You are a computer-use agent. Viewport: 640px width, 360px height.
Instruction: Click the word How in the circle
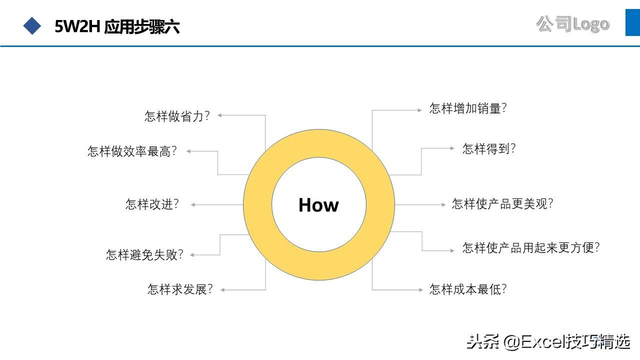318,205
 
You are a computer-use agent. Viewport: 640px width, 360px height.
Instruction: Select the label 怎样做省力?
177,116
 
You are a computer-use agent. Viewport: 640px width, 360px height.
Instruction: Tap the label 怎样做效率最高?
132,151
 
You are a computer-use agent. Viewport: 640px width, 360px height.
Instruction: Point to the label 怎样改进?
152,204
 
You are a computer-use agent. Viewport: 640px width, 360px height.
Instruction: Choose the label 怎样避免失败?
145,254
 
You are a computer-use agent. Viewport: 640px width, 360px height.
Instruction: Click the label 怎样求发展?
180,289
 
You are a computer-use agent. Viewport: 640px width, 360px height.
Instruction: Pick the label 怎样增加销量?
468,108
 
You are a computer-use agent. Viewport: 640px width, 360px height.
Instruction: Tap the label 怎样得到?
489,148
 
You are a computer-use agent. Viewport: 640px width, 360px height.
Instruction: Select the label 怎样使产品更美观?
502,203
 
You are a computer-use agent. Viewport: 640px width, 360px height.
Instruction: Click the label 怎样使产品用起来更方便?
531,247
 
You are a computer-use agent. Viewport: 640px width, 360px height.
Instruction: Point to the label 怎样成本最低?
468,289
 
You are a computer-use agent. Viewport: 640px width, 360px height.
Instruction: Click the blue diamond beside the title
32,26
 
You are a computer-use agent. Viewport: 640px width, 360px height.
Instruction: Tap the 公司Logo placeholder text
573,23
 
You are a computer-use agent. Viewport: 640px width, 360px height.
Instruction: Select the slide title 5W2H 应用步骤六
117,26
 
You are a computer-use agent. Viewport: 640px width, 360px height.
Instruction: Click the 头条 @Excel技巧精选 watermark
548,342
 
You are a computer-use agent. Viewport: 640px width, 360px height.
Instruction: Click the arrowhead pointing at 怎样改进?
193,204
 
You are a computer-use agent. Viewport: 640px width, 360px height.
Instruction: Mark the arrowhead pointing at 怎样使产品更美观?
442,204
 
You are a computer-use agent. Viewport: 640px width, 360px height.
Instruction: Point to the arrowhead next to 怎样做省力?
220,115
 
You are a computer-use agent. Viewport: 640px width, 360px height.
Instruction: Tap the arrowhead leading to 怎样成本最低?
421,289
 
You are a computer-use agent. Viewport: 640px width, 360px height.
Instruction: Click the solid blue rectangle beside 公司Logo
632,22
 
